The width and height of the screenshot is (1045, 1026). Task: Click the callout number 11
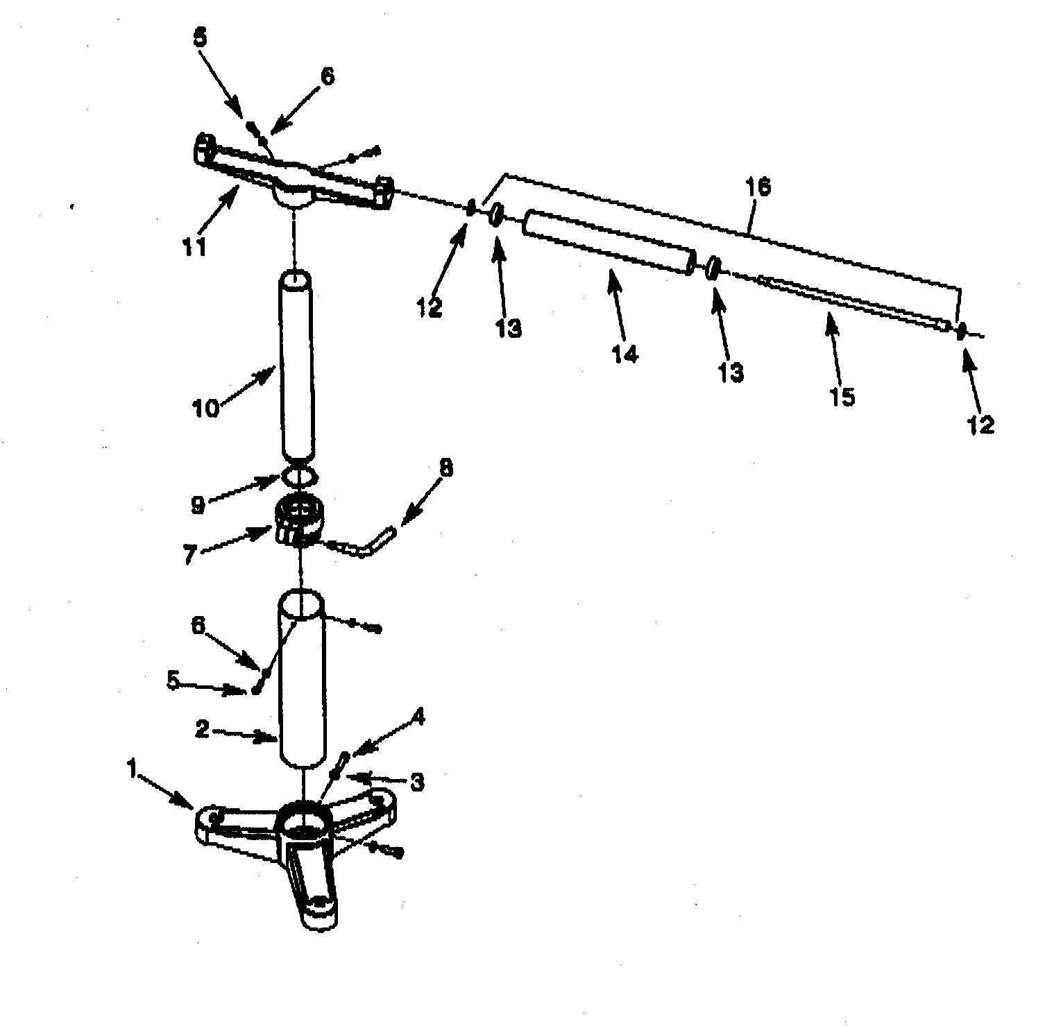(x=195, y=246)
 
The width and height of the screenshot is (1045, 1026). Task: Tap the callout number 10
(x=206, y=407)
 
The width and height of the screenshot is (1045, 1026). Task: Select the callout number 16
(x=758, y=187)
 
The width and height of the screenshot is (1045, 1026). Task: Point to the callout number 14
(x=625, y=354)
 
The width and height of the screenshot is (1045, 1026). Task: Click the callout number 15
(x=843, y=397)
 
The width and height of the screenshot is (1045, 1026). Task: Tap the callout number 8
(x=445, y=468)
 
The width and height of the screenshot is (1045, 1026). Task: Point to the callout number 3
(x=417, y=783)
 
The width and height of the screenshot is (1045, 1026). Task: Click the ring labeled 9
(x=299, y=477)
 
